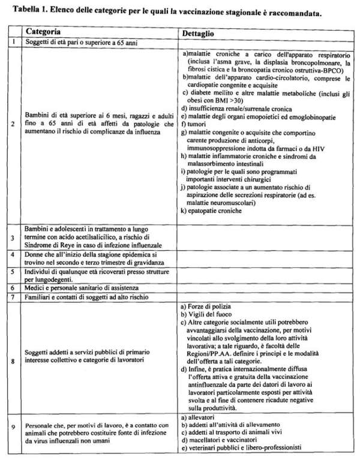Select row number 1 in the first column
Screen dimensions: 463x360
(x=13, y=43)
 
